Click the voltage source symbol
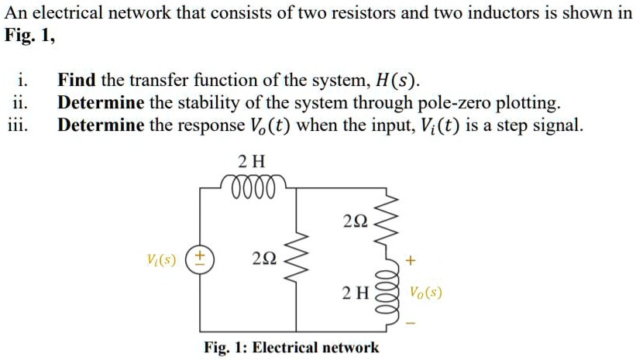pos(201,258)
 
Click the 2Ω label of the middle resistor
pos(263,259)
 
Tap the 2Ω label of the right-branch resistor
pos(354,222)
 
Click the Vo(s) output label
pos(426,293)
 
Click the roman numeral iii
pos(22,125)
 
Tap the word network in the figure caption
pos(347,347)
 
